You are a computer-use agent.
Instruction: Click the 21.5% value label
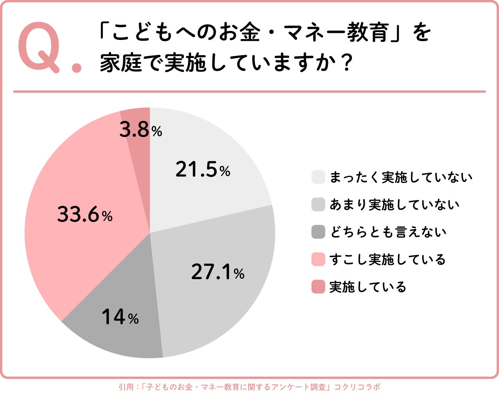[203, 170]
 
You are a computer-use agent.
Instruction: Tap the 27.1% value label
[218, 272]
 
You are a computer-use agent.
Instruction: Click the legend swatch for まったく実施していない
[318, 177]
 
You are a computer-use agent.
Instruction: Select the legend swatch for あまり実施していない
[318, 204]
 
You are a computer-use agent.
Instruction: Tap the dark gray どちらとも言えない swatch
[318, 232]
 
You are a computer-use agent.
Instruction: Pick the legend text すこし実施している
[387, 260]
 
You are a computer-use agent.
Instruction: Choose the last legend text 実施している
[368, 287]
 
